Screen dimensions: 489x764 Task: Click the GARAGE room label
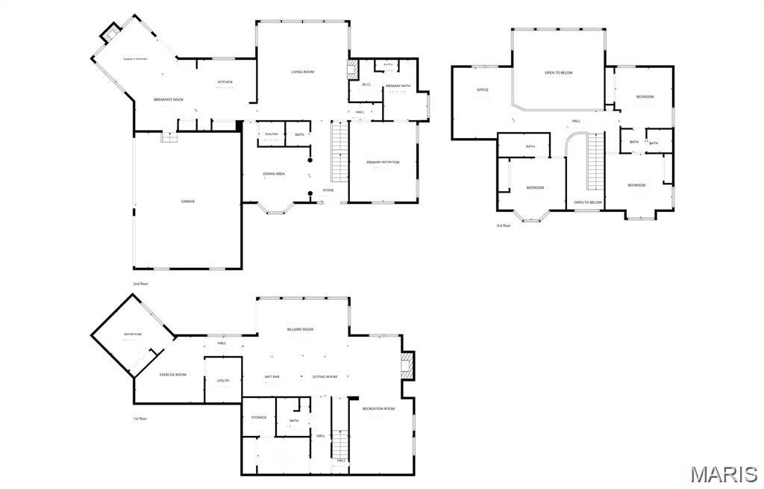pyautogui.click(x=187, y=201)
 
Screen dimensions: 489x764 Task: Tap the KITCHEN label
pyautogui.click(x=225, y=82)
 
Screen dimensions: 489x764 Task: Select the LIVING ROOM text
pyautogui.click(x=302, y=72)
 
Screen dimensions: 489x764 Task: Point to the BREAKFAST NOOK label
pyautogui.click(x=169, y=99)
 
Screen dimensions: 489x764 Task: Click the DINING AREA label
pyautogui.click(x=274, y=174)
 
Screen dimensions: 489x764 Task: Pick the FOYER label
pyautogui.click(x=328, y=190)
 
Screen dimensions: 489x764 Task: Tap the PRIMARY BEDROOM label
pyautogui.click(x=383, y=162)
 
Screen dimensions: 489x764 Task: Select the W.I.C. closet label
pyautogui.click(x=366, y=84)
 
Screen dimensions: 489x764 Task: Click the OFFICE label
pyautogui.click(x=483, y=90)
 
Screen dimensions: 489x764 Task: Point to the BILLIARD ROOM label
pyautogui.click(x=300, y=329)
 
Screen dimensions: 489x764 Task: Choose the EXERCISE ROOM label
pyautogui.click(x=173, y=374)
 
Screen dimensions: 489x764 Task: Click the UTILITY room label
pyautogui.click(x=223, y=381)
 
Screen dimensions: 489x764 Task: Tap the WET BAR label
pyautogui.click(x=272, y=377)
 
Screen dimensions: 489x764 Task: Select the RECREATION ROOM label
pyautogui.click(x=378, y=408)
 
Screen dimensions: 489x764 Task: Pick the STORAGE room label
pyautogui.click(x=259, y=417)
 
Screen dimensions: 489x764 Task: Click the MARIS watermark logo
pyautogui.click(x=723, y=473)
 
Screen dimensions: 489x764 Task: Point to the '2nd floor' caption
pyautogui.click(x=141, y=284)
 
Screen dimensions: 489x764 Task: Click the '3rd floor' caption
pyautogui.click(x=504, y=225)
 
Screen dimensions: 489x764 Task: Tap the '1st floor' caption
pyautogui.click(x=140, y=418)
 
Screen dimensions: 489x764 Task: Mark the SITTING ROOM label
pyautogui.click(x=325, y=377)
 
